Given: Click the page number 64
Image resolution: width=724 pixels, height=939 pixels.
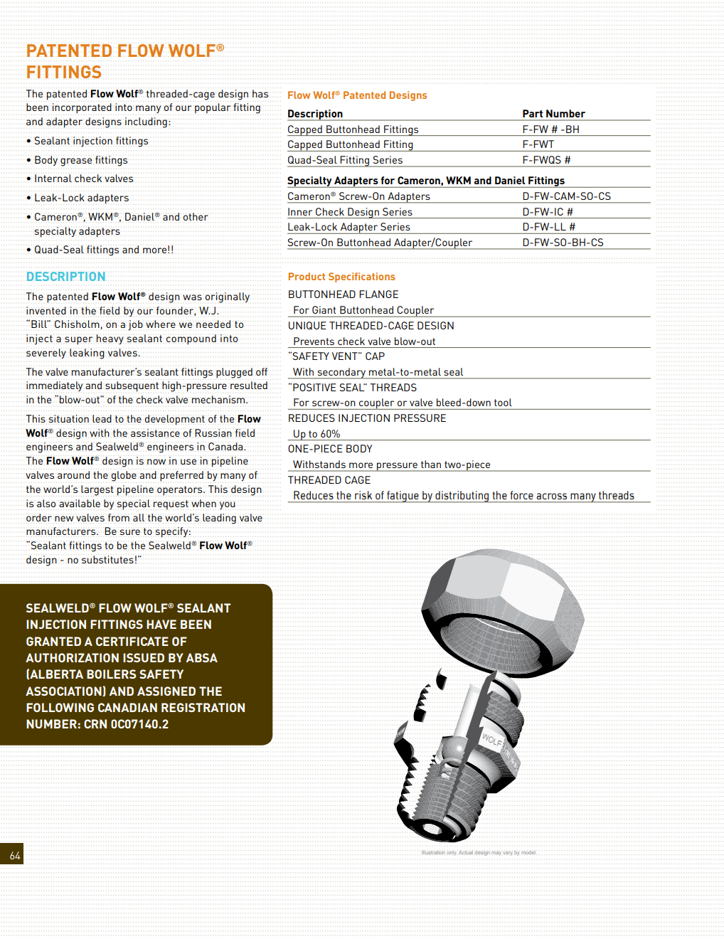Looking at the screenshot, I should [15, 856].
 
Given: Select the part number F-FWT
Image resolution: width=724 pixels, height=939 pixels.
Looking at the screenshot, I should [538, 144].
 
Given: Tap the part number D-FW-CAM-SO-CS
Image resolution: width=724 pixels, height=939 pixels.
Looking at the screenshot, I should [566, 196].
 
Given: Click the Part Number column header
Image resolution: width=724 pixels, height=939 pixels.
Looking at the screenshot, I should [553, 114].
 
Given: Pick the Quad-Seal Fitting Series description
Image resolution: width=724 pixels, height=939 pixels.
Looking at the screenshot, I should [345, 160].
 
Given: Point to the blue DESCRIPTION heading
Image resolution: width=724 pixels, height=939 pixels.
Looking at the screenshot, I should [65, 277].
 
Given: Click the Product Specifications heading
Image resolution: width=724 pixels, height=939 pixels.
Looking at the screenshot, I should [341, 277].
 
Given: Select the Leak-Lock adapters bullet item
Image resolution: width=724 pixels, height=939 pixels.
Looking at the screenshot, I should [81, 198].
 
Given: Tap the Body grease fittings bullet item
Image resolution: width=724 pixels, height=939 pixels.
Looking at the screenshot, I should [80, 160].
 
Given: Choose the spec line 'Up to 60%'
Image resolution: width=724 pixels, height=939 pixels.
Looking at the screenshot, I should [316, 434].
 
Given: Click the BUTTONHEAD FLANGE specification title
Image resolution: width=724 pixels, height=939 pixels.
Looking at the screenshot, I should [343, 295].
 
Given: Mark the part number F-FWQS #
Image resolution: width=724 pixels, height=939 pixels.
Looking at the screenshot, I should [546, 160].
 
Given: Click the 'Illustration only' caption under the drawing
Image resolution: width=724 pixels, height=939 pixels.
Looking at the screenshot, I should [479, 852].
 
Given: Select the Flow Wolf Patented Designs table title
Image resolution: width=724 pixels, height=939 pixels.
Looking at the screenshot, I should [357, 95].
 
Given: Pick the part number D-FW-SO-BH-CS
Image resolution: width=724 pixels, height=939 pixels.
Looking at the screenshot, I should [563, 243].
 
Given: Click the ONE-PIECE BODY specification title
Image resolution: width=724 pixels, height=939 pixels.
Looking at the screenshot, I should [330, 449].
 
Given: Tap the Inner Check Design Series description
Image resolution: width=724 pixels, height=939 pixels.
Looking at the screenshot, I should [350, 212].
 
